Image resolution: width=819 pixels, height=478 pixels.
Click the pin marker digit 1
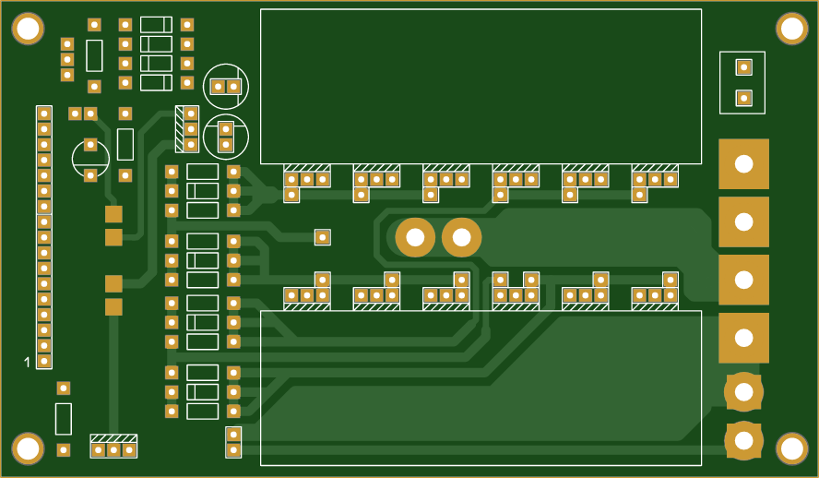pos(27,362)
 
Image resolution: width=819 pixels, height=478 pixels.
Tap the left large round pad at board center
pos(415,238)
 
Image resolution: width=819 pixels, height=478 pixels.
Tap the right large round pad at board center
pos(461,238)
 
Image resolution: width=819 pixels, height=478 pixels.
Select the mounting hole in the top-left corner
pos(28,30)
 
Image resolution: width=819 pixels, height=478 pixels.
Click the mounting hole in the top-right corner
pos(791,29)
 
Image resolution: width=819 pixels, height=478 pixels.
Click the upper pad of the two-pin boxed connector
pos(743,66)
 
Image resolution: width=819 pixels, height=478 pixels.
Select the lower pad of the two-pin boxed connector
pos(743,97)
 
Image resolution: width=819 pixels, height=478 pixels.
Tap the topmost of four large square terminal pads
pos(743,164)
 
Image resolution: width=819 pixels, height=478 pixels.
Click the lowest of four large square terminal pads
pos(743,338)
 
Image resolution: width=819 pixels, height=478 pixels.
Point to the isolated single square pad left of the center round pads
pos(322,237)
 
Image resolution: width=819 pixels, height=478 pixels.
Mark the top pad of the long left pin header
pos(44,114)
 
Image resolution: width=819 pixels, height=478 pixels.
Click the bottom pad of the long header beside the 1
pos(44,361)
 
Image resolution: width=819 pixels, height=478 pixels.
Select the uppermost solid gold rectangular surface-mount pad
pos(113,214)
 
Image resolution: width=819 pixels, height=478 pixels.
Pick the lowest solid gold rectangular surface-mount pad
pos(113,307)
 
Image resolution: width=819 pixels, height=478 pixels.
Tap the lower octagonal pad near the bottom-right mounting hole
pos(743,440)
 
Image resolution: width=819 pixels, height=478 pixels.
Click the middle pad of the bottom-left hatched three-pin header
pos(113,449)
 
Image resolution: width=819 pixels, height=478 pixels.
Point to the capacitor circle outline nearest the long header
pos(90,159)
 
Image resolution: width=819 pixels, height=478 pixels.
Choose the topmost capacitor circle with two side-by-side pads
pos(226,86)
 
